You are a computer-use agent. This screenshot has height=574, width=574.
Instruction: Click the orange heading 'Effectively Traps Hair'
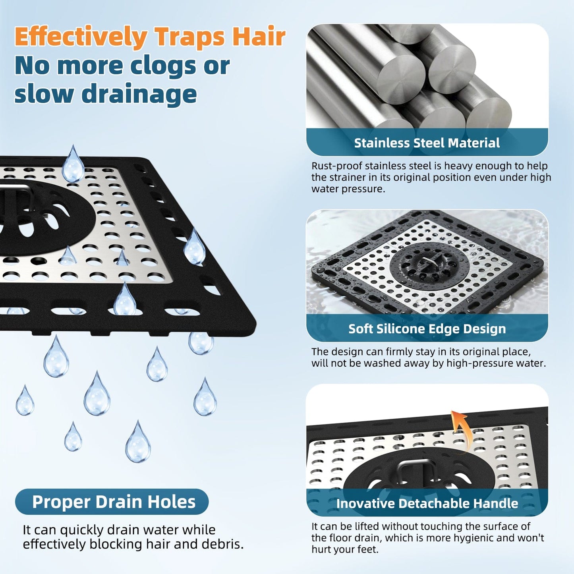150,37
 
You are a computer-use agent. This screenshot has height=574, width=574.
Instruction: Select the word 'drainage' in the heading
139,94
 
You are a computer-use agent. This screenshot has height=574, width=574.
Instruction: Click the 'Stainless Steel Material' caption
427,143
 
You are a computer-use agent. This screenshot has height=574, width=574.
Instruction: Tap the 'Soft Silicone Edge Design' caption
427,329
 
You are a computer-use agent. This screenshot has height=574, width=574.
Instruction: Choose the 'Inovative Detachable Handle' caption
427,503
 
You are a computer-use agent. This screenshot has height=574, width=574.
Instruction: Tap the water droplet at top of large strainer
73,165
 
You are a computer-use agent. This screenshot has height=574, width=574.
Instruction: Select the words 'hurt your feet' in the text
344,549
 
